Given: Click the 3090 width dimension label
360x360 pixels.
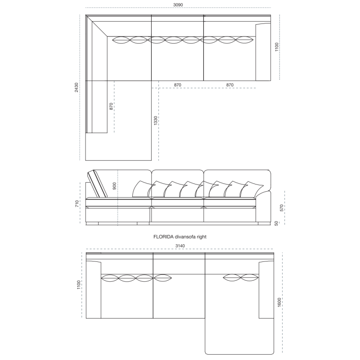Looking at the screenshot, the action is [x=178, y=5].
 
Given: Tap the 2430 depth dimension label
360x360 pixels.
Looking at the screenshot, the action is [x=76, y=87].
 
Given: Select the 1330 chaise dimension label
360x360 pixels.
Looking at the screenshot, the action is [x=156, y=121].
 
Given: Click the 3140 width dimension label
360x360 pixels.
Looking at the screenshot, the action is [x=180, y=246].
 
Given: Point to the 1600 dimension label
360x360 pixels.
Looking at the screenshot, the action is [x=279, y=302].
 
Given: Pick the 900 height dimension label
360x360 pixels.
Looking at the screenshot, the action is [x=114, y=186].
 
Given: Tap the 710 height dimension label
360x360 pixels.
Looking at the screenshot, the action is [x=77, y=203].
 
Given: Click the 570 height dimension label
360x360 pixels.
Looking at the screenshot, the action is [x=282, y=208].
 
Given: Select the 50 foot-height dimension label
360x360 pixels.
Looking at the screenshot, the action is [x=276, y=223].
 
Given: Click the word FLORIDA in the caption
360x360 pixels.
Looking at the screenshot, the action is [x=163, y=237].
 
